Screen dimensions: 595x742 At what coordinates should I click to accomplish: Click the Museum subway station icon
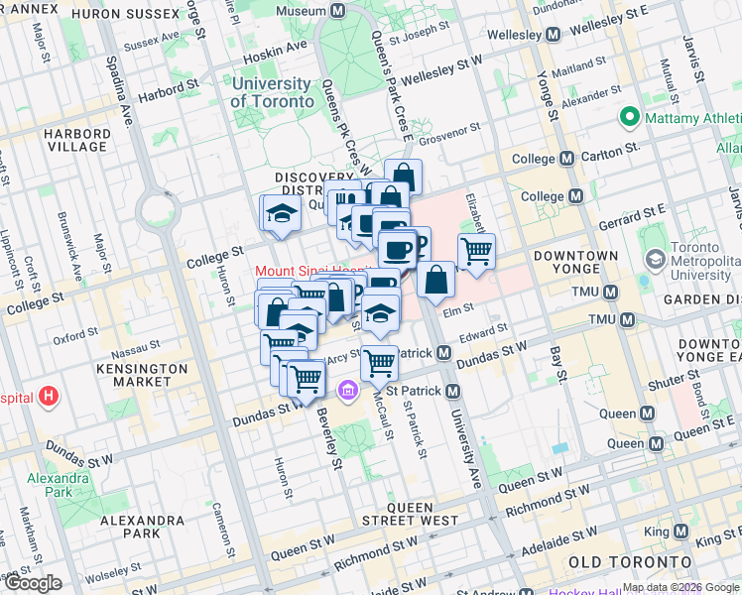[337, 11]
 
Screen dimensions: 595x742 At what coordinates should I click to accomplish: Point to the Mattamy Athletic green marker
[628, 118]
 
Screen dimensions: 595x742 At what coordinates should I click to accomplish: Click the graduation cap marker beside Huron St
[281, 213]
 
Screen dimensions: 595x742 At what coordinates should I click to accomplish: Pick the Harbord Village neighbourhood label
[74, 140]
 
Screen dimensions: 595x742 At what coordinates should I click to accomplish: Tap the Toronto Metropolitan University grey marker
[655, 259]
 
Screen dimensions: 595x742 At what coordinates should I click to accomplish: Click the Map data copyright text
[680, 587]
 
